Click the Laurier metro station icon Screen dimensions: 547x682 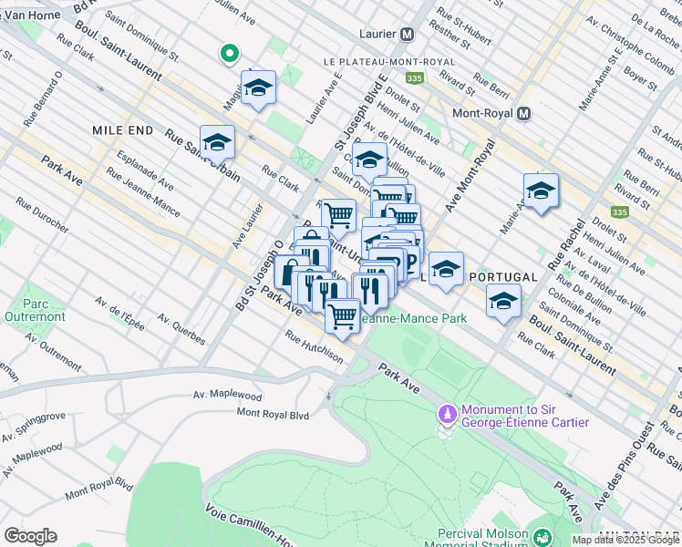coord(407,34)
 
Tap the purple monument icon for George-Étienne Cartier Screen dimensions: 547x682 coord(447,415)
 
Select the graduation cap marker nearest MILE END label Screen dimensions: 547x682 coord(217,142)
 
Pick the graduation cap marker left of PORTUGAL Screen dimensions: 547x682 coord(446,269)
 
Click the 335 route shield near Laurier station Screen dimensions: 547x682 coord(416,78)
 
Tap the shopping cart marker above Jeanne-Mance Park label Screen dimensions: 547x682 coord(343,316)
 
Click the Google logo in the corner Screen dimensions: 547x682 coord(30,536)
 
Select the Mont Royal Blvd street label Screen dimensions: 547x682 coord(273,413)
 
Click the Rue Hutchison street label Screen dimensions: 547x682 coord(314,347)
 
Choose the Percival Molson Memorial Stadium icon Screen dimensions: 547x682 coord(542,538)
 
